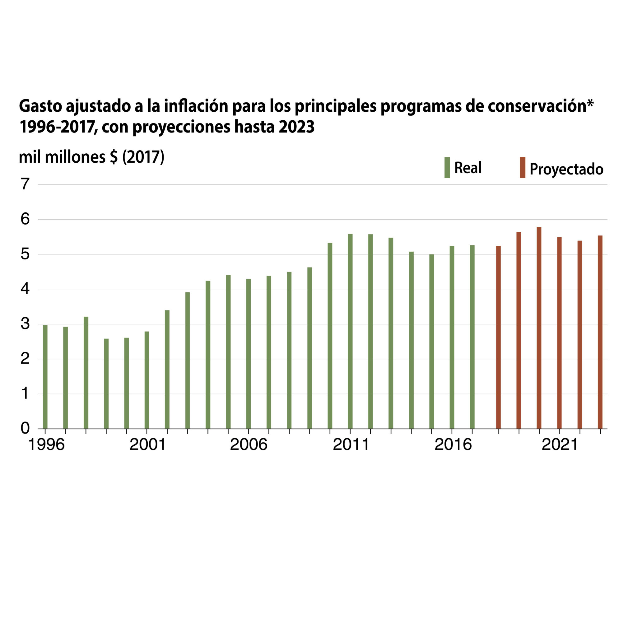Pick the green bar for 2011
[350, 331]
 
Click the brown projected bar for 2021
[559, 333]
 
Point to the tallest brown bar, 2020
[539, 328]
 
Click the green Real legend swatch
[447, 168]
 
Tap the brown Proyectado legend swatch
[523, 168]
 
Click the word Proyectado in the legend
[566, 169]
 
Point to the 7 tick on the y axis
[25, 184]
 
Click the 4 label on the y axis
[25, 289]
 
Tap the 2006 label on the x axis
[248, 444]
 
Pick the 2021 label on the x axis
[560, 444]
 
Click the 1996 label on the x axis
[46, 444]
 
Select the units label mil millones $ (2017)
[91, 157]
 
